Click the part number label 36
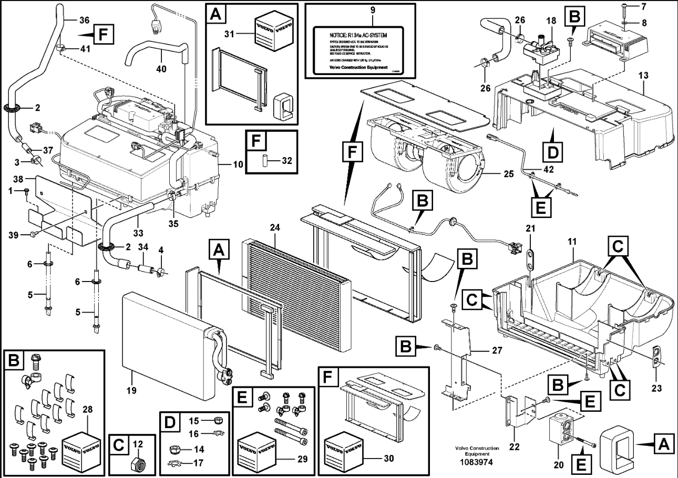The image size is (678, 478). pos(84,20)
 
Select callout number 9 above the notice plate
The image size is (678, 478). pos(372,9)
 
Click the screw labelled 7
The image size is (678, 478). pos(623,6)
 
